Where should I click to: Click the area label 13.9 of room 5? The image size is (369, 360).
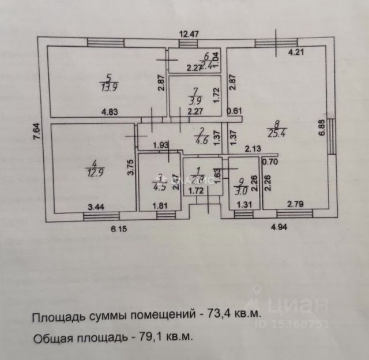(107, 87)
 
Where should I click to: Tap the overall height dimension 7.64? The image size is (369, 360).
(36, 133)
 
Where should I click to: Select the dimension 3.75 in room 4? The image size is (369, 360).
(131, 167)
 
